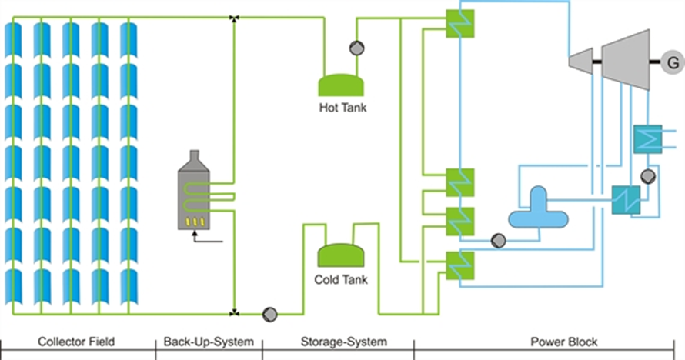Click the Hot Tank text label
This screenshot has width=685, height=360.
pyautogui.click(x=342, y=108)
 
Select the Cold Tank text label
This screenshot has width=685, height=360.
pyautogui.click(x=341, y=279)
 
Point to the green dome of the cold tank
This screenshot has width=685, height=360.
pyautogui.click(x=341, y=255)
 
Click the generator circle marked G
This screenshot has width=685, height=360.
pyautogui.click(x=670, y=61)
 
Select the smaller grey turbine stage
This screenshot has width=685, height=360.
pyautogui.click(x=580, y=58)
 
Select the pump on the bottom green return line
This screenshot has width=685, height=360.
pyautogui.click(x=269, y=314)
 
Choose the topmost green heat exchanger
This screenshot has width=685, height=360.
pyautogui.click(x=460, y=23)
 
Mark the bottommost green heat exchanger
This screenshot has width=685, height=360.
pyautogui.click(x=460, y=265)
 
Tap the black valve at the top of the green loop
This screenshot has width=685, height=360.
pyautogui.click(x=235, y=17)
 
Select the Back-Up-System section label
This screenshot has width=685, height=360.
pyautogui.click(x=209, y=342)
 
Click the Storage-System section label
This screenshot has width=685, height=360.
pyautogui.click(x=339, y=342)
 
